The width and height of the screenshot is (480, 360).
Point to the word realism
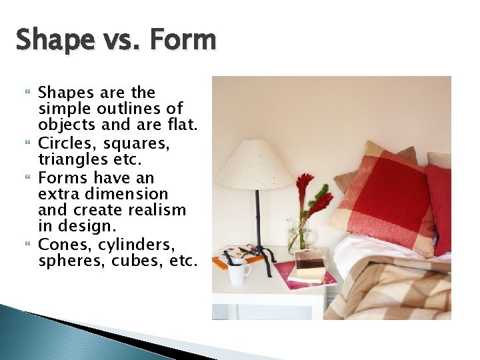pos(158,210)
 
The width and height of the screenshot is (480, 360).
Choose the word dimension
pos(131,193)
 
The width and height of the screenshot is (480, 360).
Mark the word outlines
pos(137,109)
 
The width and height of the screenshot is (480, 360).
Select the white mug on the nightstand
pos(237,273)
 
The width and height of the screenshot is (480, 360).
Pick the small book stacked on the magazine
pos(310,265)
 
